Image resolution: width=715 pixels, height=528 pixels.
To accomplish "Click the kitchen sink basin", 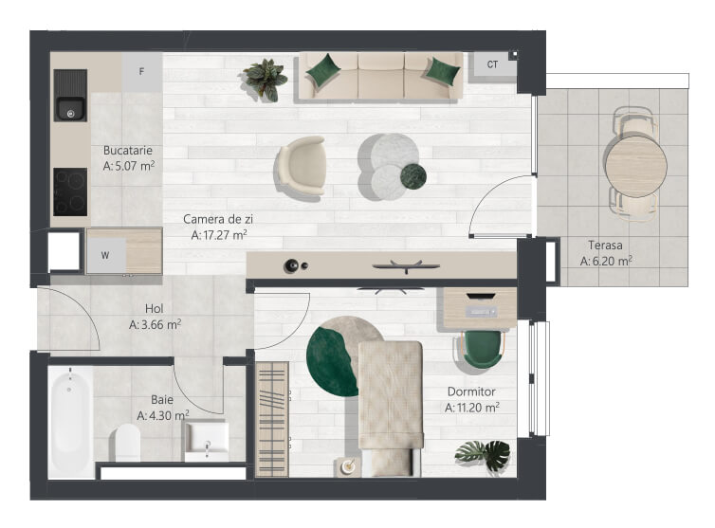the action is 70,109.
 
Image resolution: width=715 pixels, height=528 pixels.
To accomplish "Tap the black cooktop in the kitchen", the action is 70,191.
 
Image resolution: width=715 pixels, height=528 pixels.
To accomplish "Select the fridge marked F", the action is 142,72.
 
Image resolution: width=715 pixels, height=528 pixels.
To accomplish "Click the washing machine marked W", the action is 106,255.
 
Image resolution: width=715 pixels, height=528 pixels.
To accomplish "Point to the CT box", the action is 492,64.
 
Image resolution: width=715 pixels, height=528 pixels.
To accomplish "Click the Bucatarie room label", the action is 128,151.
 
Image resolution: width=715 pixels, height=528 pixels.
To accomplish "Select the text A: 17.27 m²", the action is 219,235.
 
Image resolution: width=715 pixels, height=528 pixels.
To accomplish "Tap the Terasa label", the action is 605,246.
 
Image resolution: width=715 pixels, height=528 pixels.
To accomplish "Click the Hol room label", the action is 155,309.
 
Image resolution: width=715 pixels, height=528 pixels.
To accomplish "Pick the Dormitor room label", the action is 471,391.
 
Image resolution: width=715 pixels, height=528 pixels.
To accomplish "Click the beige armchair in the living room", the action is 302,166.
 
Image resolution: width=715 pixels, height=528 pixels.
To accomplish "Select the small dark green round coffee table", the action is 413,176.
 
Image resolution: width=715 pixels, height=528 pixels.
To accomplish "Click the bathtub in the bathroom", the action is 71,422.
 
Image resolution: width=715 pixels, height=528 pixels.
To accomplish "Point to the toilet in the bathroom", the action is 127,442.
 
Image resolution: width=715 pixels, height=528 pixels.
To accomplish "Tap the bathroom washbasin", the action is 206,441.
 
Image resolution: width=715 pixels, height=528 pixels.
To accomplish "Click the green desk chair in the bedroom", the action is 482,349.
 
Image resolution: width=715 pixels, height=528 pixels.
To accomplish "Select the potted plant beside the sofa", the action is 265,80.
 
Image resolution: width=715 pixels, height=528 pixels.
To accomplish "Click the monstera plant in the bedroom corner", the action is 484,454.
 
